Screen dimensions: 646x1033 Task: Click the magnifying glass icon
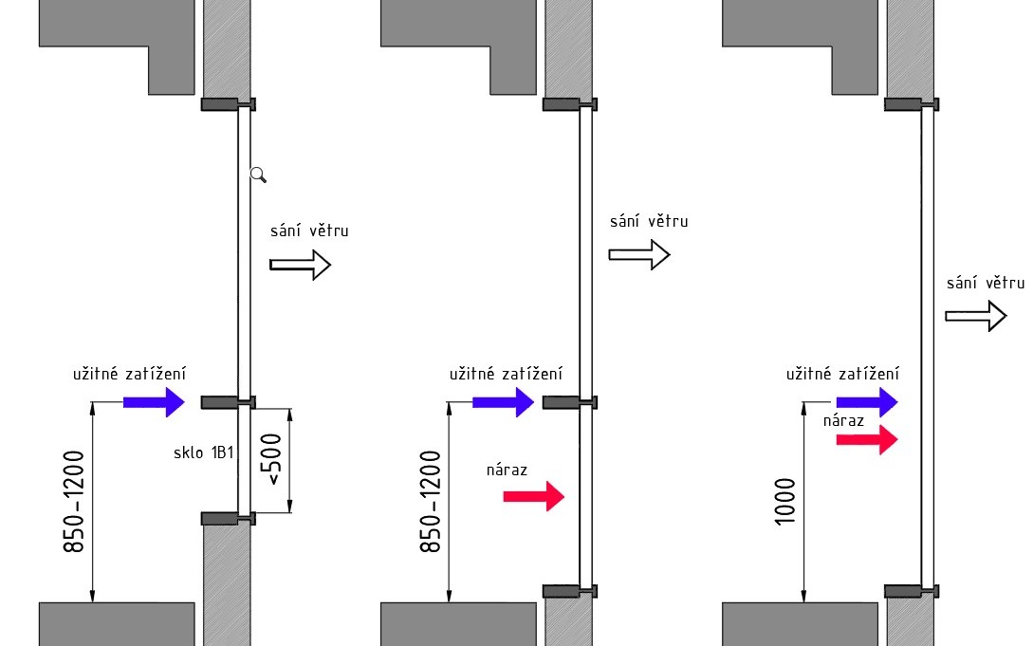coord(258,174)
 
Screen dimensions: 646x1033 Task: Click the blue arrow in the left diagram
coord(153,402)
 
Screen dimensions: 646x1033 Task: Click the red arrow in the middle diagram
coord(533,496)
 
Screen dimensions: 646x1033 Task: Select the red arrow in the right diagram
coord(866,439)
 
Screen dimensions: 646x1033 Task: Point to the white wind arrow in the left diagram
coord(300,266)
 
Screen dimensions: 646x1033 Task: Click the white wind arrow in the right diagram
coord(975,316)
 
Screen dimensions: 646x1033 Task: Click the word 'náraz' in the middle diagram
coord(507,469)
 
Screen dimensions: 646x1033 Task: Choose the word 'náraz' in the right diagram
coord(843,419)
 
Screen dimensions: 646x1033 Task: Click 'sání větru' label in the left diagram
coord(309,231)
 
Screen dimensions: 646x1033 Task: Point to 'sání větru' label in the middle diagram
coord(649,221)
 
